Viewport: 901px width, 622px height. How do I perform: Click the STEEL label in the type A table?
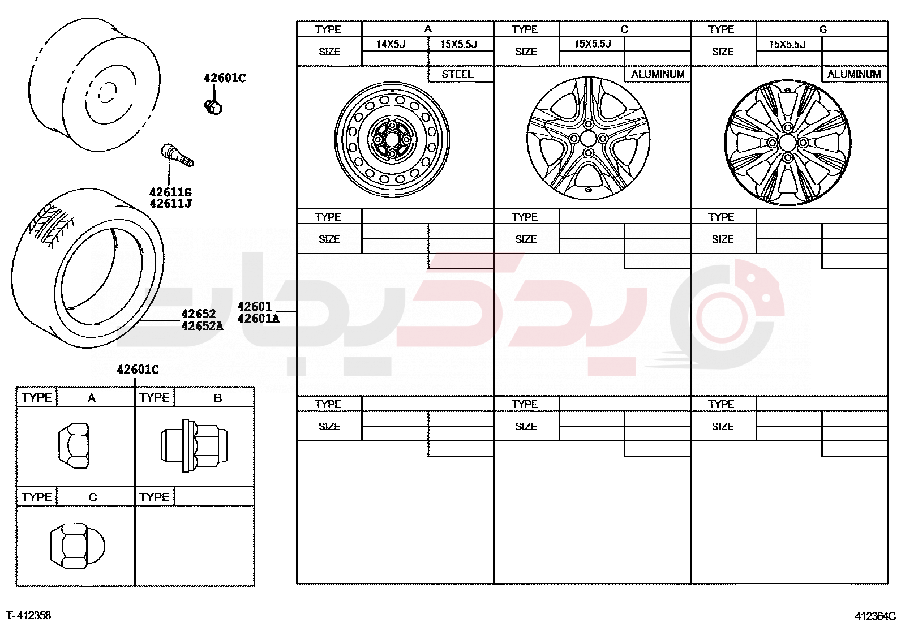click(457, 75)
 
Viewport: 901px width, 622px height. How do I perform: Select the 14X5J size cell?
click(391, 44)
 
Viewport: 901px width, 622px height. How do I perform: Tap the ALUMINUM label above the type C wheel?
click(658, 75)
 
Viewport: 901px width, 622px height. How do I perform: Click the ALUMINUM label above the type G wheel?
click(854, 75)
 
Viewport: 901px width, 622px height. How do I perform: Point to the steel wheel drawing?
click(392, 140)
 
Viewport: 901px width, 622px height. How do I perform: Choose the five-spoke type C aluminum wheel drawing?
click(588, 139)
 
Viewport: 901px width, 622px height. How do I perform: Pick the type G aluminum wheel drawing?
click(787, 143)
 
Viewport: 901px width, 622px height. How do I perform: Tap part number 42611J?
click(170, 204)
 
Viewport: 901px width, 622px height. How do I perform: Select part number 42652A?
click(202, 325)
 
